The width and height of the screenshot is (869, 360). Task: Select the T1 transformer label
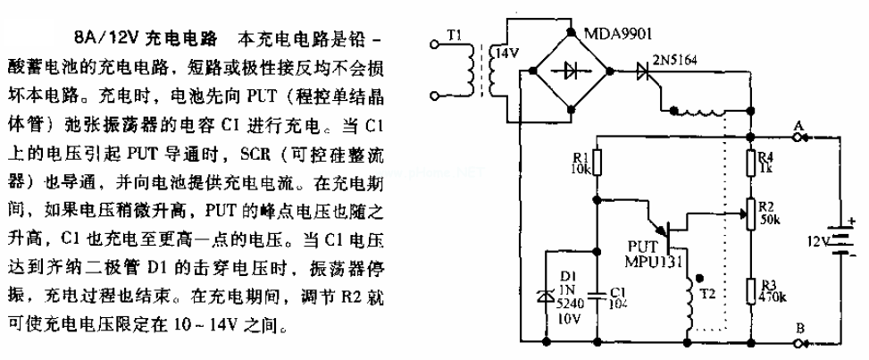pos(456,37)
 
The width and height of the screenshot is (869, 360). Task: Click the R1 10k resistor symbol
pos(597,164)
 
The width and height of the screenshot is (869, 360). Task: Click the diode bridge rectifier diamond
pos(569,69)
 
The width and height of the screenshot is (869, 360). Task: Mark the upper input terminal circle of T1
pos(435,41)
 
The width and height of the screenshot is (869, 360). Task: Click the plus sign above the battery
pos(850,221)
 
